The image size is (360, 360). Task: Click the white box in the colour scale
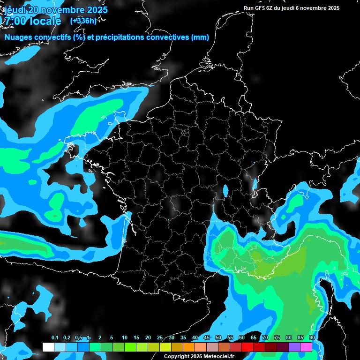pos(48,347)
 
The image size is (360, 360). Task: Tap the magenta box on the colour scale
pos(306,347)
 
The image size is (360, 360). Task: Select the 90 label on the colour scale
pos(312,337)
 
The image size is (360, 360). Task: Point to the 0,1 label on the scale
pos(55,337)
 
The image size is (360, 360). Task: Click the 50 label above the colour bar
pos(218,337)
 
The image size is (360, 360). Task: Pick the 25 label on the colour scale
pos(160,337)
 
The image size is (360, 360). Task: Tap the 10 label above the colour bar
pos(125,337)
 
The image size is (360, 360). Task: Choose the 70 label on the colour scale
pos(265,337)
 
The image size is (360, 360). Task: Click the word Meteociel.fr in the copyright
pos(218,357)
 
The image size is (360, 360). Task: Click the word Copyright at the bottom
pos(177,357)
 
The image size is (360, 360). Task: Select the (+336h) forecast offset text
pos(83,21)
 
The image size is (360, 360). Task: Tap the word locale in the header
pos(45,21)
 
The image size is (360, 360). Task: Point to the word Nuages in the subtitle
pos(18,37)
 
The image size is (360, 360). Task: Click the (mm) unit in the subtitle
pos(200,37)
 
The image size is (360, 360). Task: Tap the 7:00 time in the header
pos(14,21)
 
